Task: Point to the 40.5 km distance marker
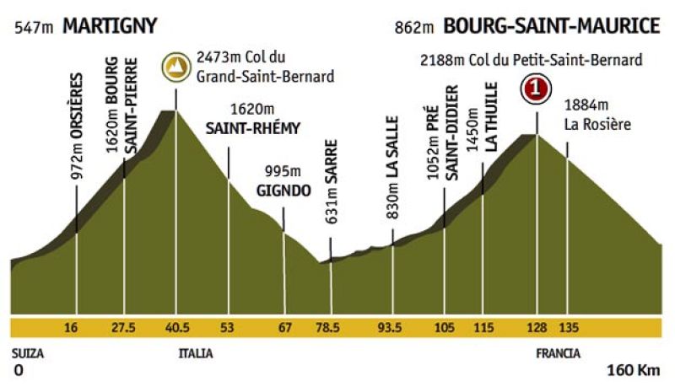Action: click(176, 327)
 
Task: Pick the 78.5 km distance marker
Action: click(330, 327)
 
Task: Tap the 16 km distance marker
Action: click(76, 327)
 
